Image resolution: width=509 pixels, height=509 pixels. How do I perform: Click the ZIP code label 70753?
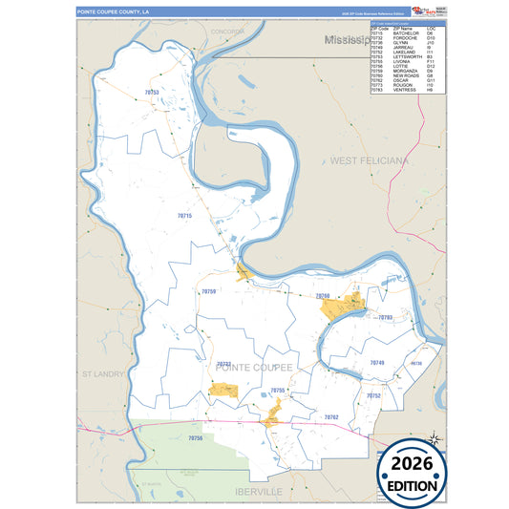151,93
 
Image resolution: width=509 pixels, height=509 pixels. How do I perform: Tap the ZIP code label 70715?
185,217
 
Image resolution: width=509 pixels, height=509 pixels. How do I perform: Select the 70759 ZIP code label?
208,291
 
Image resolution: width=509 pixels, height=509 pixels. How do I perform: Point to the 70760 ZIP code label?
322,296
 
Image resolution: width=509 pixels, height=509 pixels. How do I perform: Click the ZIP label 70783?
385,317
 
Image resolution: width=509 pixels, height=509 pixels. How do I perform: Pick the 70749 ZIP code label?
377,363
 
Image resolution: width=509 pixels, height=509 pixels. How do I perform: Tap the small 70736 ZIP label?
414,364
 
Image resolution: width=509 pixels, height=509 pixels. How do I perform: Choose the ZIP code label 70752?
373,395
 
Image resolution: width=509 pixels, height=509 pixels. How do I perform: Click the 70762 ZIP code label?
331,417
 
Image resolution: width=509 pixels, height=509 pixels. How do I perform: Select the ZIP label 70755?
277,391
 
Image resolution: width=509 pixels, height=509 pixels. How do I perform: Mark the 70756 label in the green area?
196,437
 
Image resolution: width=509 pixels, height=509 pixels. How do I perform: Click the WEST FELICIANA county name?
369,161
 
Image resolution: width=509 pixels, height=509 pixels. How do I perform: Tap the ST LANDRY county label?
103,374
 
